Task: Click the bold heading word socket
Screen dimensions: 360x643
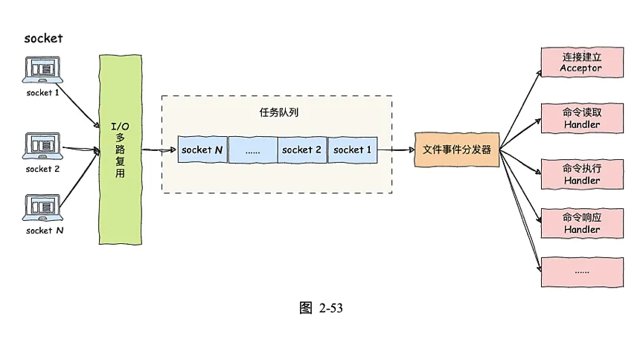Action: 43,39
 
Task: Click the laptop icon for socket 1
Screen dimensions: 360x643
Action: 42,70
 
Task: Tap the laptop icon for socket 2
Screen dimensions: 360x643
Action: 42,145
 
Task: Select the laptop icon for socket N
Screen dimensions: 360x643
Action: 42,207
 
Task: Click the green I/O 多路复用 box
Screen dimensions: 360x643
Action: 120,149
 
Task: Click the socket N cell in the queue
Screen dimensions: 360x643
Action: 202,150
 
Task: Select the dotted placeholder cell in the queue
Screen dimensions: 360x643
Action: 252,150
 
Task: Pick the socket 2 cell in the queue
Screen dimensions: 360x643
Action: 302,150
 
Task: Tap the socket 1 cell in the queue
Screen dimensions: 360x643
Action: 352,150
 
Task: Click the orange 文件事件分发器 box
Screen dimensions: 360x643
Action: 457,150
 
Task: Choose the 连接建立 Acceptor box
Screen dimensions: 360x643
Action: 581,62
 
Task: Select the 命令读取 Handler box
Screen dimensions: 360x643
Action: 581,118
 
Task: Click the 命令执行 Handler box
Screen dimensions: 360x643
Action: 581,175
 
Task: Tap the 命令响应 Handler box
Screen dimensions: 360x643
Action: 581,223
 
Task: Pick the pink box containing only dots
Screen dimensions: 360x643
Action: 581,271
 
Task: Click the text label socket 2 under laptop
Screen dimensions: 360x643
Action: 43,169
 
